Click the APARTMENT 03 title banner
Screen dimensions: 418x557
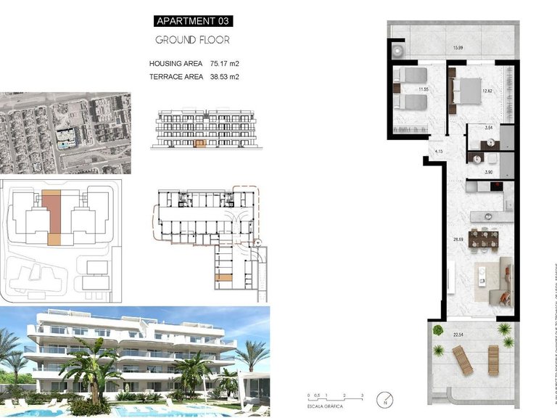pos(193,20)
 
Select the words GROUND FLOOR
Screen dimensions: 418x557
pos(193,40)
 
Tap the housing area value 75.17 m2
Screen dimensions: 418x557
pos(224,64)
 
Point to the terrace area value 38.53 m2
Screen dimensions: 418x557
pos(224,76)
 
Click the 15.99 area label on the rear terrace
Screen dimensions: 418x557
pos(458,48)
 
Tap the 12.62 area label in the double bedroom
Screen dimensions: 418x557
pos(487,91)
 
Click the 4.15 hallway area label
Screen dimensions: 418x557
pos(439,151)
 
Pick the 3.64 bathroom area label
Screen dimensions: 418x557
pos(489,128)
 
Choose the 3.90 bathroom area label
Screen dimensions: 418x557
pos(489,171)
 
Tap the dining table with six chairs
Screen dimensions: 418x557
pos(482,238)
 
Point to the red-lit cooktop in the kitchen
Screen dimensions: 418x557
pos(497,187)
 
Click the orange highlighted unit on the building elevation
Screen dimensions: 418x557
pos(201,144)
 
